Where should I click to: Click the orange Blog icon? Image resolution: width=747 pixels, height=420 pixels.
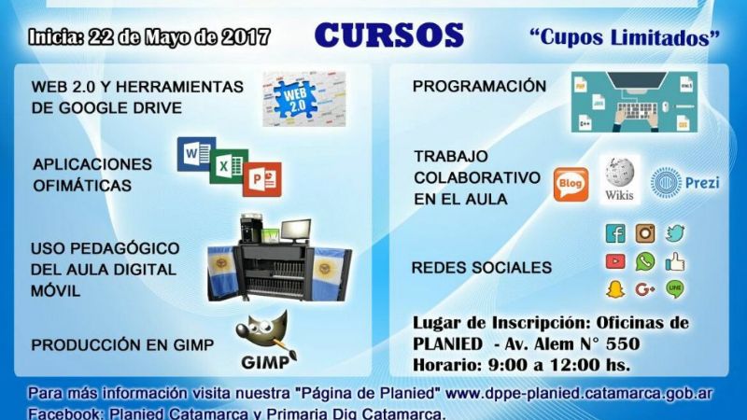pyautogui.click(x=571, y=184)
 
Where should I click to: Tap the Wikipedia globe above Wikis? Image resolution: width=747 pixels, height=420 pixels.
pyautogui.click(x=619, y=173)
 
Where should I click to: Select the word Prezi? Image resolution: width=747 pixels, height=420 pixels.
pyautogui.click(x=701, y=182)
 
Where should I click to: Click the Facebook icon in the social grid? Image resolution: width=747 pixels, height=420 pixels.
pyautogui.click(x=615, y=233)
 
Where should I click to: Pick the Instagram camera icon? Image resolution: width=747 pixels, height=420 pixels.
pyautogui.click(x=645, y=233)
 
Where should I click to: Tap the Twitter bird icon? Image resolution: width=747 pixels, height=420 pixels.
pyautogui.click(x=675, y=233)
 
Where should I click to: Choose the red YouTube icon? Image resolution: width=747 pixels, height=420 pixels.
pyautogui.click(x=615, y=261)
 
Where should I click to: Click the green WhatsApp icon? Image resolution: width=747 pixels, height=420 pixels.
pyautogui.click(x=645, y=261)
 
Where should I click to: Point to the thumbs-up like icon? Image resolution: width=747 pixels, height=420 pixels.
pyautogui.click(x=675, y=261)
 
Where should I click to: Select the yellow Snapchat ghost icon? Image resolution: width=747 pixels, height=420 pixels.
pyautogui.click(x=615, y=289)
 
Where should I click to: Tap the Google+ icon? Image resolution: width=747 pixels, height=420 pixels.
pyautogui.click(x=645, y=289)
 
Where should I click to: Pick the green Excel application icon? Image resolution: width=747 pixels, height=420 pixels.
pyautogui.click(x=228, y=167)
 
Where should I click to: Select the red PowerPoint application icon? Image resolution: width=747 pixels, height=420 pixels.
pyautogui.click(x=261, y=178)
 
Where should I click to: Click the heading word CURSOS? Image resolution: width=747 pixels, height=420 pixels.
pyautogui.click(x=388, y=35)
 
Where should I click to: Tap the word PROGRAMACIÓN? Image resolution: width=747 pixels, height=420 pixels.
pyautogui.click(x=479, y=86)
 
